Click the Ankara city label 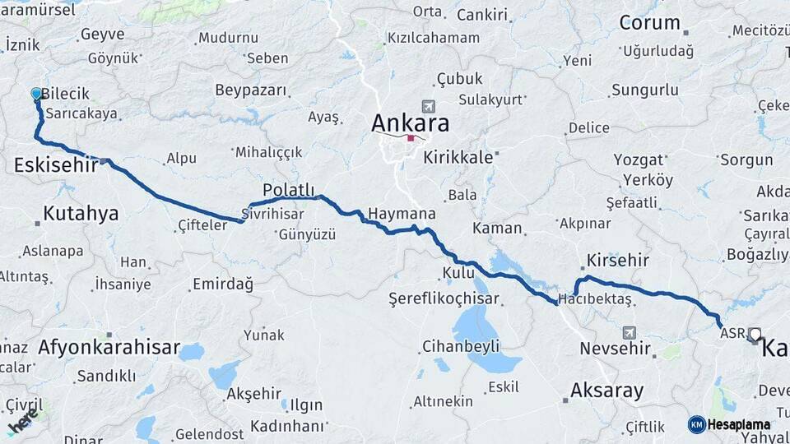pyautogui.click(x=411, y=123)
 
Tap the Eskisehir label pyautogui.click(x=56, y=165)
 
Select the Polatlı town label pyautogui.click(x=289, y=190)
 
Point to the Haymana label pyautogui.click(x=402, y=214)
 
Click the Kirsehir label pyautogui.click(x=617, y=261)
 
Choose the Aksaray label pyautogui.click(x=607, y=391)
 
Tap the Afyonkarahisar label pyautogui.click(x=109, y=348)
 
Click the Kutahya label pyautogui.click(x=81, y=214)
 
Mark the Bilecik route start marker pyautogui.click(x=36, y=95)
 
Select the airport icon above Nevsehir pyautogui.click(x=630, y=332)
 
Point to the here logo pyautogui.click(x=22, y=421)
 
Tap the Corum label pyautogui.click(x=649, y=23)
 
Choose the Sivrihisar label pyautogui.click(x=272, y=214)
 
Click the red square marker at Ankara pyautogui.click(x=411, y=138)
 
